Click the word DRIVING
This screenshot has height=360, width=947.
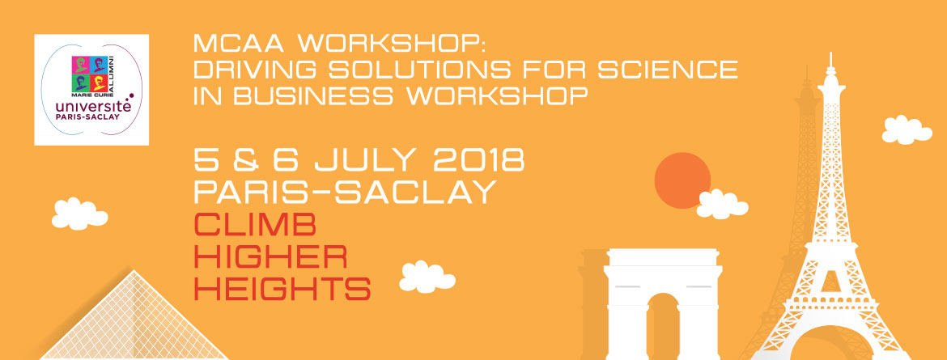[x=256, y=69]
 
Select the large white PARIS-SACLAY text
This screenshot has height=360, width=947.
[x=345, y=192]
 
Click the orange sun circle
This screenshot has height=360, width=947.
[x=682, y=180]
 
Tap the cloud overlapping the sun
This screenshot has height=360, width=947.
[x=722, y=204]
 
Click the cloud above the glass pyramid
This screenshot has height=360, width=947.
[x=79, y=214]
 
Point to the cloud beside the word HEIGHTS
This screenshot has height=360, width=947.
[x=427, y=277]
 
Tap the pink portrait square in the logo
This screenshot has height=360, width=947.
[x=80, y=64]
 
